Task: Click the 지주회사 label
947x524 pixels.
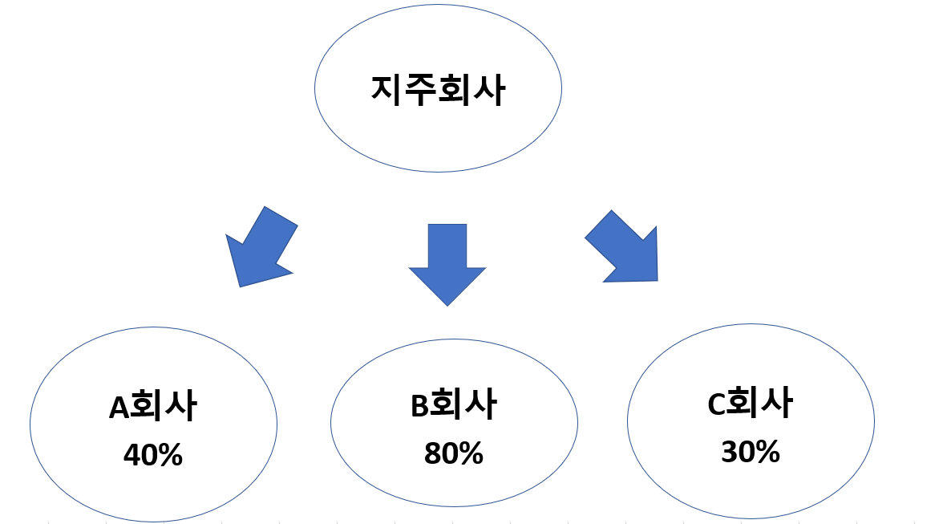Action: [438, 90]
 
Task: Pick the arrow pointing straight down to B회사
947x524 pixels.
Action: [447, 262]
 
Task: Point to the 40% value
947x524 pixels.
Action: [152, 456]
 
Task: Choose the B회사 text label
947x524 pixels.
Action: [453, 406]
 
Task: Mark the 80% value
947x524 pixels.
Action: [453, 453]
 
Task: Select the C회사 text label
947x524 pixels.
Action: [750, 404]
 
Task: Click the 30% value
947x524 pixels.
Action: [750, 453]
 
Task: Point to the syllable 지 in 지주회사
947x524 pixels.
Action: [386, 90]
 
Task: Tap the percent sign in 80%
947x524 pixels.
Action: [470, 453]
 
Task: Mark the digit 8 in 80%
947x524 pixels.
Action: [432, 453]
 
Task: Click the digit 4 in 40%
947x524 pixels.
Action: [132, 456]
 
